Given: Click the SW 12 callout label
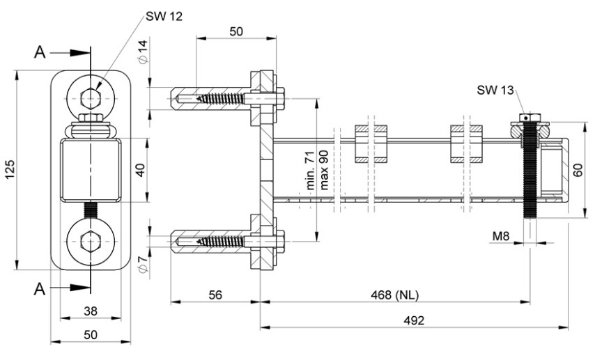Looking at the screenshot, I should [165, 16].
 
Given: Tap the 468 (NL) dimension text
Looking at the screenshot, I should [396, 295].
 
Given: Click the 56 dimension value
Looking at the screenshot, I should [215, 295].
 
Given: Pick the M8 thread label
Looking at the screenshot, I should [501, 237].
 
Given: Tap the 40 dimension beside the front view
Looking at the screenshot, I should [141, 170].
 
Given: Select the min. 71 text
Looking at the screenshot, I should [311, 174].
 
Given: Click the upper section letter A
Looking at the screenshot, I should [40, 52].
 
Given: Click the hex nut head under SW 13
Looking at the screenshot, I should [532, 118].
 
